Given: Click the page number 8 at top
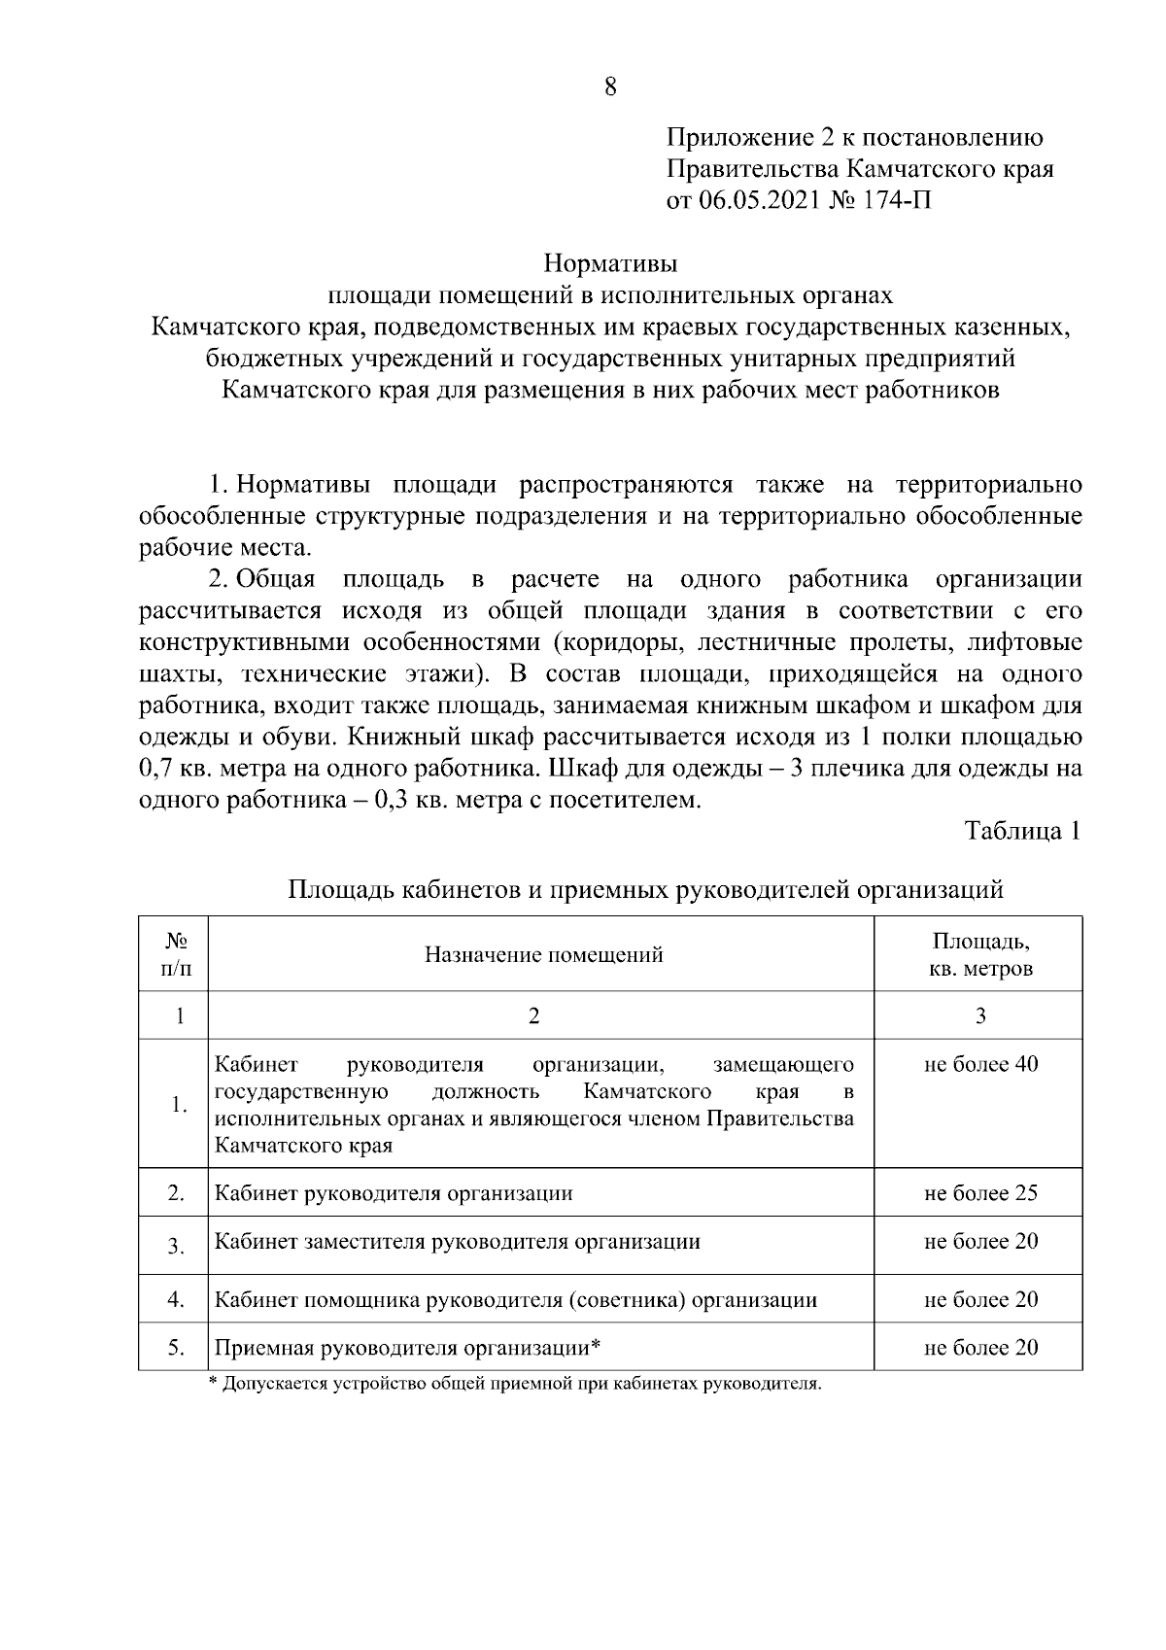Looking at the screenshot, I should pos(609,86).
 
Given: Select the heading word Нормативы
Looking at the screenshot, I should pos(609,264).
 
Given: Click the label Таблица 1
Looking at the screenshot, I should pos(1022,831).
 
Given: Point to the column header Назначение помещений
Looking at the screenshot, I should pos(543,954).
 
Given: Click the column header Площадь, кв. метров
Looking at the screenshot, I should pos(980,954).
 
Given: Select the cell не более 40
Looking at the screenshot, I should pos(980,1064).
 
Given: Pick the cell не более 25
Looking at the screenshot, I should pos(980,1192).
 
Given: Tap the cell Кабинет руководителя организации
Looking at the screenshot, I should pos(393,1192).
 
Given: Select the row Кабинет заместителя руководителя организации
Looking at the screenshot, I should pos(457,1241).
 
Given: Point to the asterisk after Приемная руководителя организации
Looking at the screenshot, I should pos(596,1346).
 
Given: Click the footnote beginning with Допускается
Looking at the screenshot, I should pos(515,1384).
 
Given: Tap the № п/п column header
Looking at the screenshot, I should pos(175,954).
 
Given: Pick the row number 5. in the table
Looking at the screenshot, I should pos(175,1347).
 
